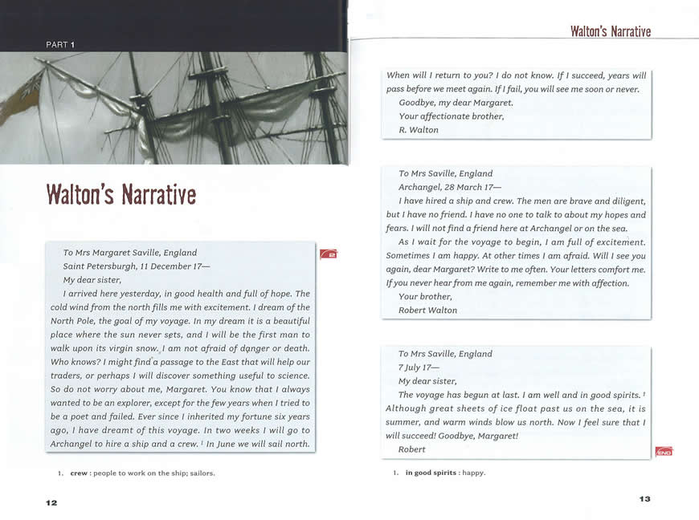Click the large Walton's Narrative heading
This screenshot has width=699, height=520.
[x=121, y=194]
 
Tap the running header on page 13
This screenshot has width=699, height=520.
[x=610, y=31]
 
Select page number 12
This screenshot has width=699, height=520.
[x=51, y=502]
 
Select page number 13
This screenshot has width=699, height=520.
[x=644, y=499]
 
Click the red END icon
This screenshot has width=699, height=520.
[x=664, y=452]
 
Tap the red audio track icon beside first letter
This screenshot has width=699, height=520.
[x=329, y=254]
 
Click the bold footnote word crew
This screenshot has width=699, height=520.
[x=79, y=473]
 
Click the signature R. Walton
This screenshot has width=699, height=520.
[x=419, y=130]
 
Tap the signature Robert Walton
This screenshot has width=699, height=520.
[x=427, y=311]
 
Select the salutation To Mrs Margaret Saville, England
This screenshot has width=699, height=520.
[x=129, y=253]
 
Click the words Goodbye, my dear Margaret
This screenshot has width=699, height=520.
[x=456, y=103]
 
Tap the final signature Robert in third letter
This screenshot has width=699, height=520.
[x=412, y=450]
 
